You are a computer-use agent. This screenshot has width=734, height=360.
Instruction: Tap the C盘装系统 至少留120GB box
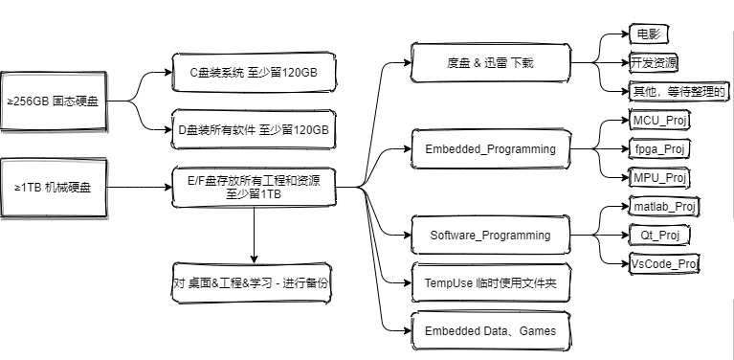tap(254, 71)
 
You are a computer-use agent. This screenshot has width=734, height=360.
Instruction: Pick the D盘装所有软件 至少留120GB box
tap(254, 128)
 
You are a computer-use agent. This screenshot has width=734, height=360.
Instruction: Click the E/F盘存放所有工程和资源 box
tap(254, 187)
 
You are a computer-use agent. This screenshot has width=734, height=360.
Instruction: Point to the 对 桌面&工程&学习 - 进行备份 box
tap(254, 283)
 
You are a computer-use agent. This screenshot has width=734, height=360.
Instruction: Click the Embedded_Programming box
tap(489, 149)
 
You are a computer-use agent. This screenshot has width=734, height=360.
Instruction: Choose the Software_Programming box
tap(489, 235)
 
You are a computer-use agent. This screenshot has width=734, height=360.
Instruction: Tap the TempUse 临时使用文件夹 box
tap(489, 283)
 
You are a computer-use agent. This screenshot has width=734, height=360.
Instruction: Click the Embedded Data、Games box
tap(489, 331)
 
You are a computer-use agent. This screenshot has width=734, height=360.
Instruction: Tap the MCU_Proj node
tap(661, 122)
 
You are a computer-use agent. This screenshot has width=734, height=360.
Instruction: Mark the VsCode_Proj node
tap(664, 263)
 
